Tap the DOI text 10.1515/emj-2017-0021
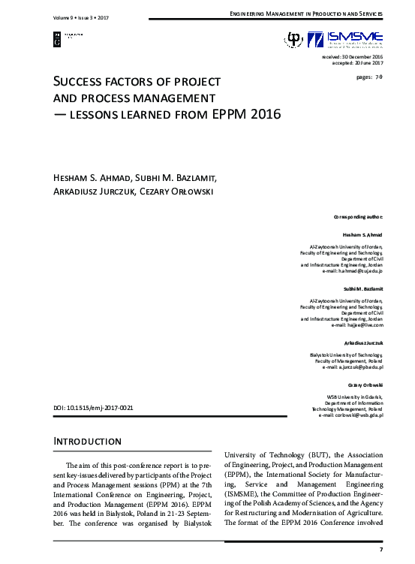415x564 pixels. pos(93,407)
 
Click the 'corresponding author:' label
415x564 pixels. pos(358,216)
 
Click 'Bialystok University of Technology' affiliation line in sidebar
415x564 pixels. pos(346,354)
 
